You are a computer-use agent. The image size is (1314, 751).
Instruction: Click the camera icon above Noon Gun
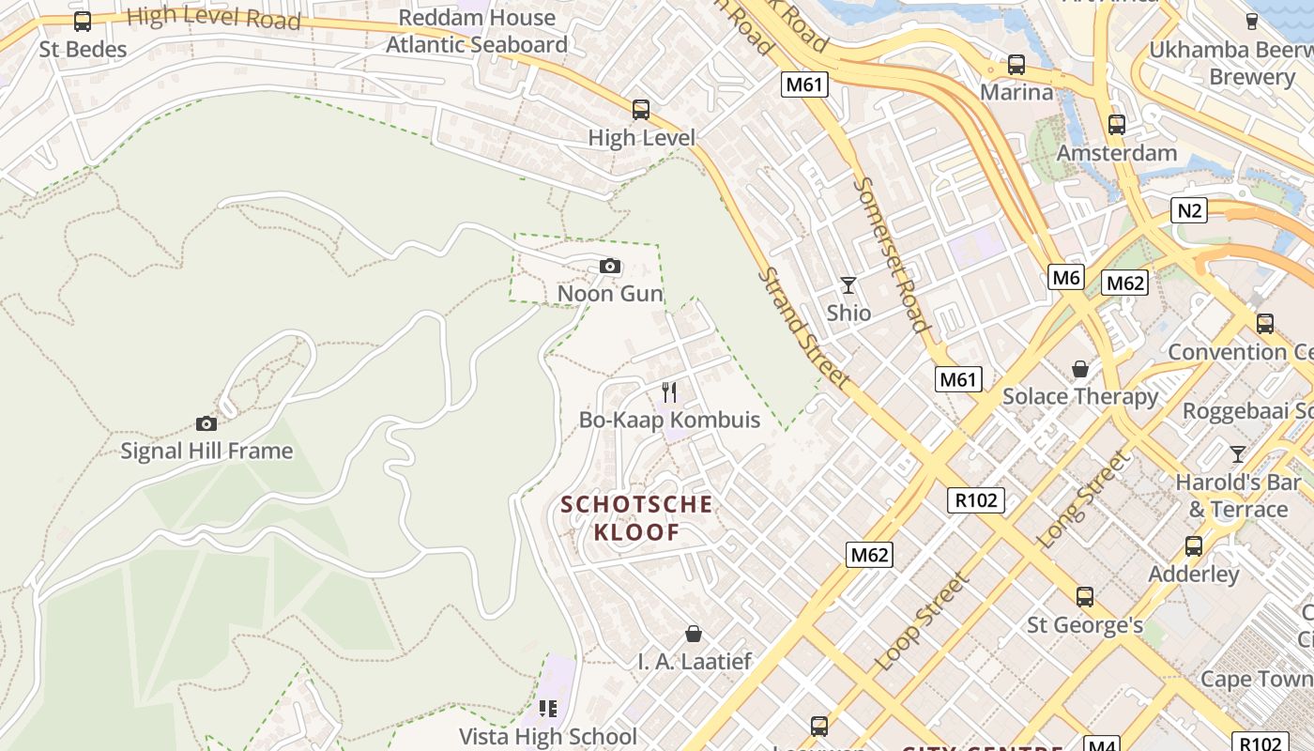[x=610, y=267]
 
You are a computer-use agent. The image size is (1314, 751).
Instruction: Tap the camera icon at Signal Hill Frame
[x=206, y=423]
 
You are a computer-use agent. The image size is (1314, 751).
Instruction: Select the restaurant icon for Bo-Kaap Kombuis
[x=669, y=391]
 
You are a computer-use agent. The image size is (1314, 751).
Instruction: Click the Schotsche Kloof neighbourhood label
[x=636, y=518]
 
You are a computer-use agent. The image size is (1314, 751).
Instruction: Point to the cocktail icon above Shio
[x=848, y=284]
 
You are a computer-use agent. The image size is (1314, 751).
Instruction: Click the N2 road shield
[x=1189, y=210]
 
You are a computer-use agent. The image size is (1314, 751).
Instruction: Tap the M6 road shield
[x=1066, y=277]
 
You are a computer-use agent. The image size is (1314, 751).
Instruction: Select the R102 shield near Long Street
[x=976, y=500]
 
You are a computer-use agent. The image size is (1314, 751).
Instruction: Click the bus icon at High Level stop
[x=641, y=110]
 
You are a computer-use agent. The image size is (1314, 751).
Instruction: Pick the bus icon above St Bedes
[x=83, y=21]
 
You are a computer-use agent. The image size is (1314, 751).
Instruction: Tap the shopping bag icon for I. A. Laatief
[x=694, y=634]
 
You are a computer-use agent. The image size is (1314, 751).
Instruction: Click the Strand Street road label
[x=803, y=329]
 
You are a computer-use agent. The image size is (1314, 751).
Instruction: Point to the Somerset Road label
[x=891, y=254]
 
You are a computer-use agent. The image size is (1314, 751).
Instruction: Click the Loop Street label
[x=923, y=621]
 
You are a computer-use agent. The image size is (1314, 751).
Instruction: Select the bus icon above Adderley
[x=1194, y=545]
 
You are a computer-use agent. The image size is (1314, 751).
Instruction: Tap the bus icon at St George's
[x=1085, y=596]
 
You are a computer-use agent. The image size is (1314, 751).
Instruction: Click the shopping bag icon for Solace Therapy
[x=1080, y=368]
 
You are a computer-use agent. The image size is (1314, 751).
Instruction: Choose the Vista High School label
[x=548, y=736]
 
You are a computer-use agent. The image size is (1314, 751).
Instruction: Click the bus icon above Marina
[x=1016, y=65]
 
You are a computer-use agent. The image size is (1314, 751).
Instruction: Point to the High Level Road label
[x=213, y=17]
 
